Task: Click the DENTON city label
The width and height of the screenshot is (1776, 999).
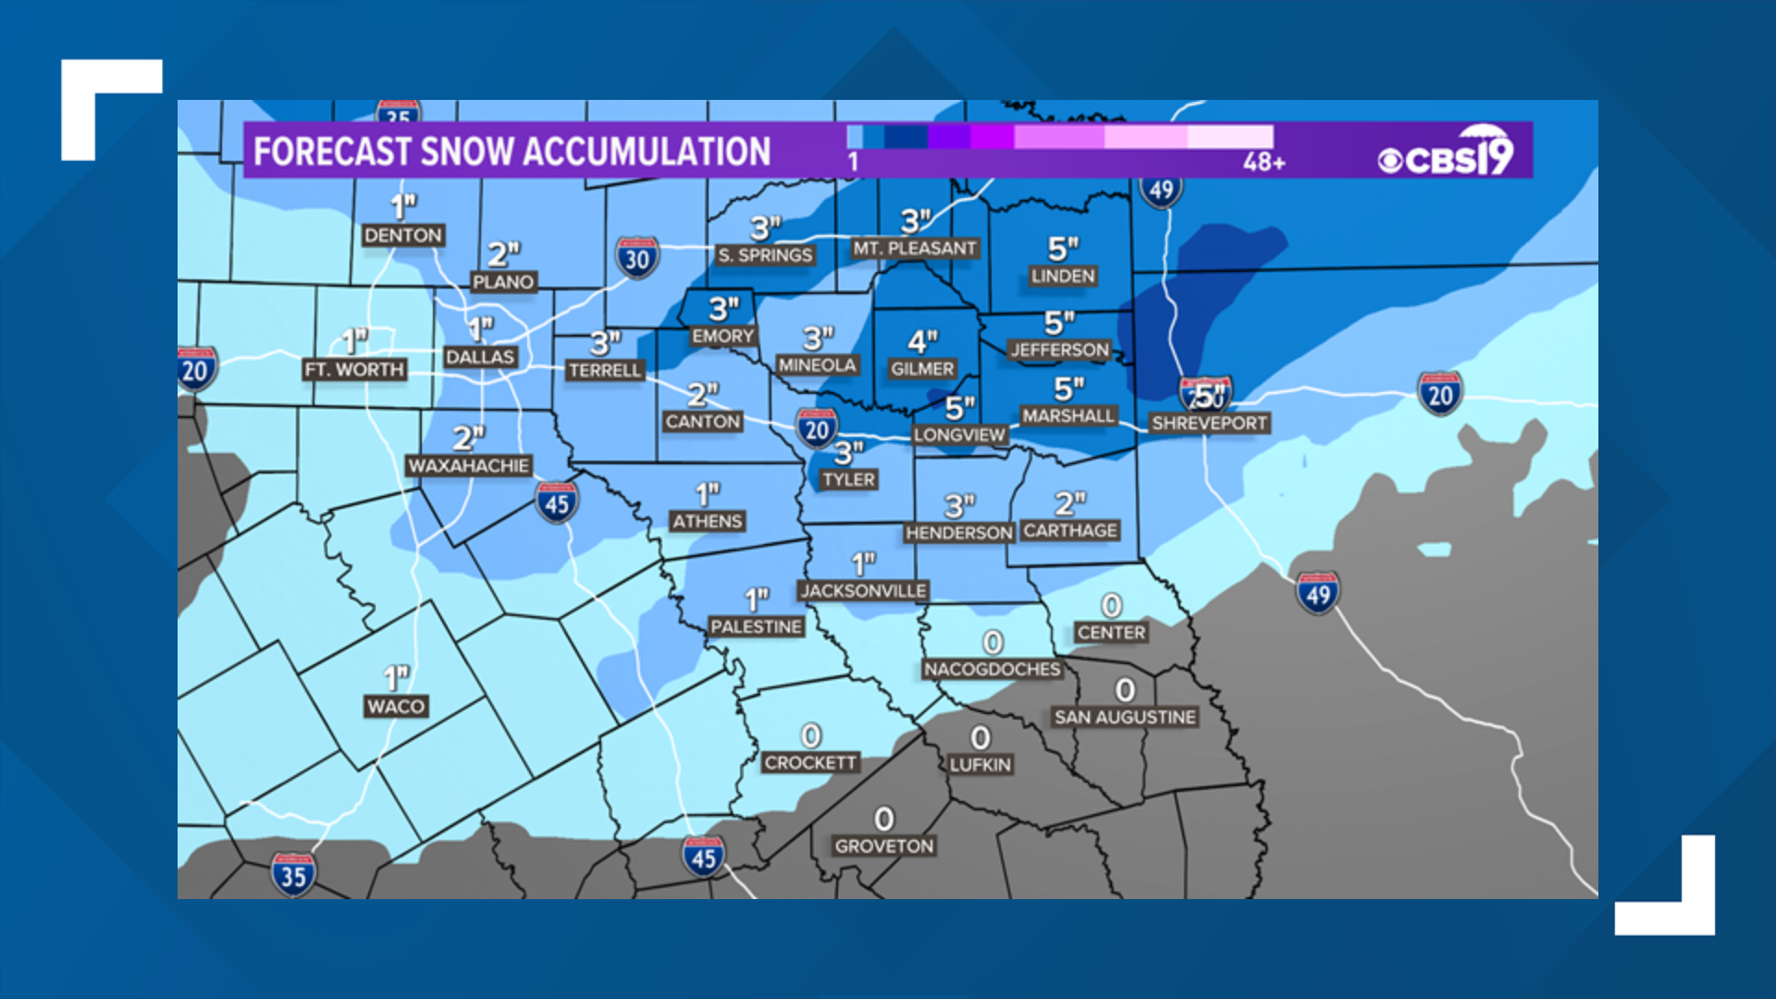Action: [x=402, y=236]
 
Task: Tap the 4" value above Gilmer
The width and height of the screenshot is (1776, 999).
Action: [x=922, y=341]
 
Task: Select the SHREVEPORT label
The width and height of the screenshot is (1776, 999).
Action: [x=1209, y=424]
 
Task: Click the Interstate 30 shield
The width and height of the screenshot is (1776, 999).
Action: [x=637, y=259]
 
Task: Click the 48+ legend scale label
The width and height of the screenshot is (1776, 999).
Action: [x=1264, y=163]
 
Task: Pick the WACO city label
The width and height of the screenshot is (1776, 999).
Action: [x=396, y=707]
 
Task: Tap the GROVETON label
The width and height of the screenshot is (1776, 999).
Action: [x=884, y=846]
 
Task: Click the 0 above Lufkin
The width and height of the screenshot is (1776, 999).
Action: [x=980, y=737]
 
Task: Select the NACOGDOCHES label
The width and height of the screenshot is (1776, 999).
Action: [x=992, y=669]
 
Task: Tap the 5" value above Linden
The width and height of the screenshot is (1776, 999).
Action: [x=1063, y=248]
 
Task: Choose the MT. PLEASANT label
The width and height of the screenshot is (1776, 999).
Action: [x=915, y=248]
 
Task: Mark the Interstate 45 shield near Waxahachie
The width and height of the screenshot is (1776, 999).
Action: [x=556, y=503]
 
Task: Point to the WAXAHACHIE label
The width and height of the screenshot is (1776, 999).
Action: [x=468, y=465]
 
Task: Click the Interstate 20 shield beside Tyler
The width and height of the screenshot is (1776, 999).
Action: [x=817, y=429]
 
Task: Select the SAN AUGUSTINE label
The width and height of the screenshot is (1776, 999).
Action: [x=1125, y=717]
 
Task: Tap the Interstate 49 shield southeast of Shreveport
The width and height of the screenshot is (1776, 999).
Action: [x=1317, y=594]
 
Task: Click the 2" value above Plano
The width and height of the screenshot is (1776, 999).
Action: [x=504, y=253]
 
